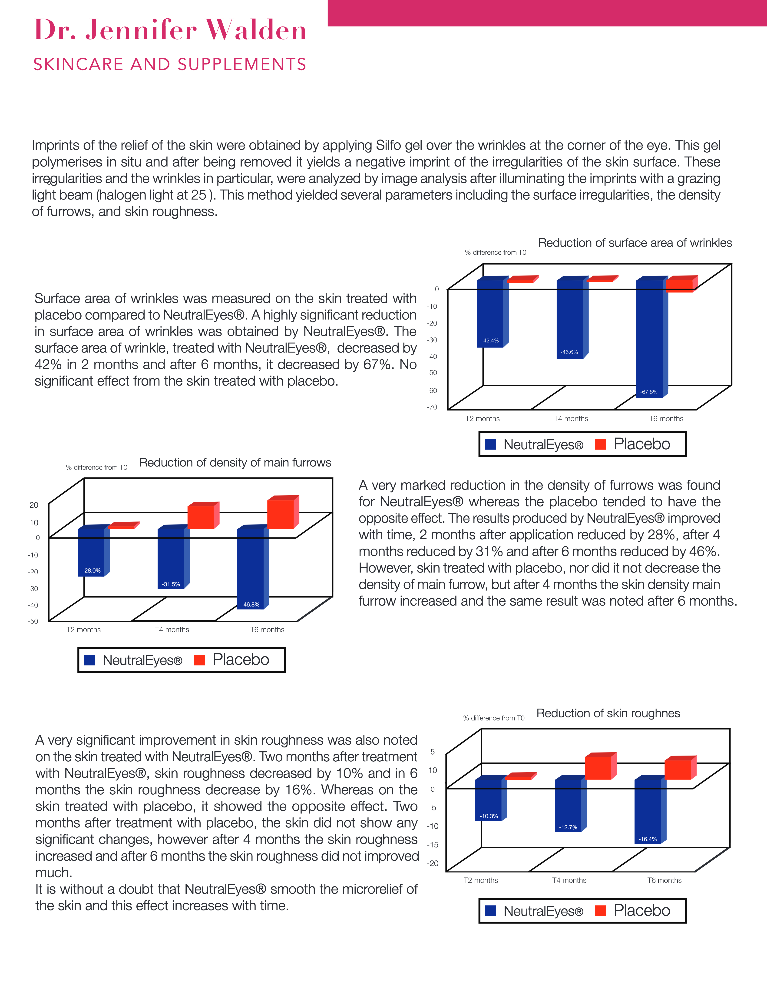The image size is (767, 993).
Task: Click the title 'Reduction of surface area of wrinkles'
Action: pyautogui.click(x=635, y=243)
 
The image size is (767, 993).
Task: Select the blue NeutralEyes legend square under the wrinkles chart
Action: pyautogui.click(x=490, y=444)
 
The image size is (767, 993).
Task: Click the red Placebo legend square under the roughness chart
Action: pyautogui.click(x=600, y=911)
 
